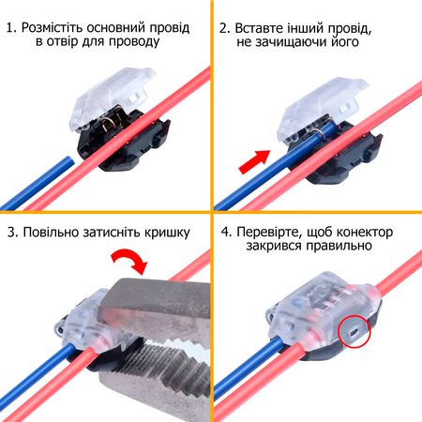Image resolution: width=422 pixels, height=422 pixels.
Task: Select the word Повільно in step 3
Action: pyautogui.click(x=62, y=233)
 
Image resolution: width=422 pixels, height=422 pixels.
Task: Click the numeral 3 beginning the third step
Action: pyautogui.click(x=11, y=233)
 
